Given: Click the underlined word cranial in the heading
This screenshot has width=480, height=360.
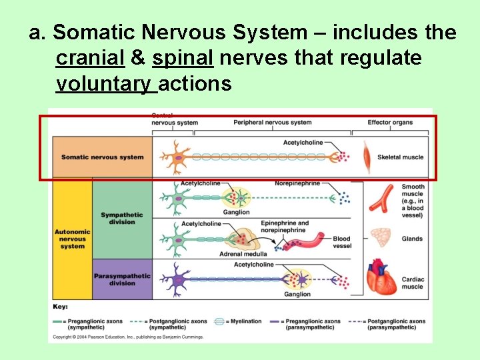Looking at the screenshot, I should click(91, 58).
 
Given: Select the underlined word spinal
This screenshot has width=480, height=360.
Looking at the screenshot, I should click(183, 58).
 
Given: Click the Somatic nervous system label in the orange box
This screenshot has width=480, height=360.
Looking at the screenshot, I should click(102, 157).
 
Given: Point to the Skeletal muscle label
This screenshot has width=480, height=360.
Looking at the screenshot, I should click(400, 157).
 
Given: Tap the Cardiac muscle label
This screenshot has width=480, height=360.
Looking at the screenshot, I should click(412, 283).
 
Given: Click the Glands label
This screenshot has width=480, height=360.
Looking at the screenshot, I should click(412, 239).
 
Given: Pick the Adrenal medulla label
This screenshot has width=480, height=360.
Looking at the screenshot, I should click(243, 254).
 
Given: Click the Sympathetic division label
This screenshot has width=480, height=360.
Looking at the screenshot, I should click(122, 219).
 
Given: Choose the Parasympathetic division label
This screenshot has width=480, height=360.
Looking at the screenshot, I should click(122, 279).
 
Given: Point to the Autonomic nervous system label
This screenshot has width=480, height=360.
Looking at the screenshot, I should click(72, 239).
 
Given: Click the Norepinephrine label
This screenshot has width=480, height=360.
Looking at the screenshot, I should click(297, 183).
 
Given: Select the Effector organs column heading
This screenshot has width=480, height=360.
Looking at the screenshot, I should click(390, 122).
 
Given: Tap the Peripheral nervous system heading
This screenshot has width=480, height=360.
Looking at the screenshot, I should click(272, 122).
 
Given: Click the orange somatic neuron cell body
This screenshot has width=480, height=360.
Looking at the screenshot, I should click(179, 158).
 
